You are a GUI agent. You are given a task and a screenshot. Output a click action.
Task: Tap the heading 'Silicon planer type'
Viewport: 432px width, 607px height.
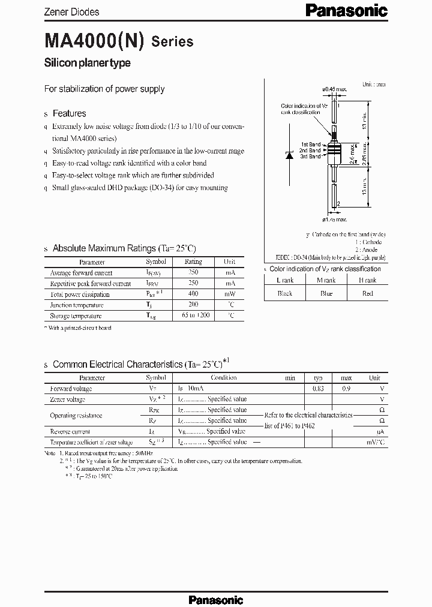click(88, 63)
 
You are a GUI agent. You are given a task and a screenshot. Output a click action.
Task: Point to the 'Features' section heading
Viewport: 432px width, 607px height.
click(69, 113)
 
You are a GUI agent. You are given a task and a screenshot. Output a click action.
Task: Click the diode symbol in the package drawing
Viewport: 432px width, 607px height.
click(289, 154)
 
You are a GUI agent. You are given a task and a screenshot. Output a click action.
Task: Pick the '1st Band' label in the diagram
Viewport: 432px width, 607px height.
click(311, 145)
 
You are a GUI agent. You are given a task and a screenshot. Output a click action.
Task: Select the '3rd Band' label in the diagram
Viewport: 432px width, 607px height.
click(311, 156)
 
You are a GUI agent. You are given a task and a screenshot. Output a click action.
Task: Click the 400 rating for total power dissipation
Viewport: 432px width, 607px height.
click(193, 294)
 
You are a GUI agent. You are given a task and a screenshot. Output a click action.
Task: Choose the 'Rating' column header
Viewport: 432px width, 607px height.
click(193, 262)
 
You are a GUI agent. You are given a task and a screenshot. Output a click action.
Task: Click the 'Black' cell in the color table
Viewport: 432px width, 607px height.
click(284, 293)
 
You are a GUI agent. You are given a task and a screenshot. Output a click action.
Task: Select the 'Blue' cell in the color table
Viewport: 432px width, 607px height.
click(326, 293)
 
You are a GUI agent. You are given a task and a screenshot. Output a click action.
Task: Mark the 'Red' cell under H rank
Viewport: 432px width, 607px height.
click(368, 293)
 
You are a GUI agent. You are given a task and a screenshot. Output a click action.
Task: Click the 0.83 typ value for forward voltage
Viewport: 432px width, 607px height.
click(318, 389)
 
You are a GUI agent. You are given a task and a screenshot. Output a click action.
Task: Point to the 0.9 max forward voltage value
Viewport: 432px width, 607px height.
click(346, 389)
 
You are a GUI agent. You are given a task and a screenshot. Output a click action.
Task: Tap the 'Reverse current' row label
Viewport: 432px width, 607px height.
click(70, 431)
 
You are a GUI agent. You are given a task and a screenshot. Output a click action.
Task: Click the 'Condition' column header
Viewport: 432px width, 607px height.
click(223, 378)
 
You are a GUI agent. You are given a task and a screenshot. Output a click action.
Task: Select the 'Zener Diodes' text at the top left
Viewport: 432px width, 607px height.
click(72, 12)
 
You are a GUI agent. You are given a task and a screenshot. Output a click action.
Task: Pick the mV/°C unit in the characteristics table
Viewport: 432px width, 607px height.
click(375, 442)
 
